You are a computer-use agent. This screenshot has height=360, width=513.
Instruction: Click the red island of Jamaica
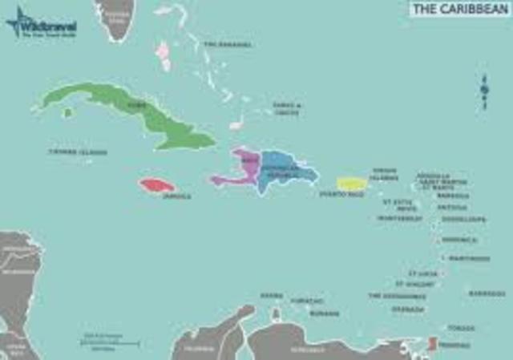pos(156,185)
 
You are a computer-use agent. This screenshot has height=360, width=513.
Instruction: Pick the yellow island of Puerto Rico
pos(352,184)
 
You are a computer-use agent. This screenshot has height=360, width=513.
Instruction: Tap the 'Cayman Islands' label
pos(79,152)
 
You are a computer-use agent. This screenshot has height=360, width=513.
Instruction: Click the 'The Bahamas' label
pos(228,44)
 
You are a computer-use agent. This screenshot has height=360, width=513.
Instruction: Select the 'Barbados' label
pos(487,293)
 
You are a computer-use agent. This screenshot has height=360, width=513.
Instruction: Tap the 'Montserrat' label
pos(399,218)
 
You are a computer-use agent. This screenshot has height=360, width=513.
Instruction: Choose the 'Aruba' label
pos(273,296)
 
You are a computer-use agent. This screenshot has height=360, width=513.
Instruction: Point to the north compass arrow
pos(484,91)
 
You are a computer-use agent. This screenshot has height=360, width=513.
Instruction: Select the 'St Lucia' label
pos(422,273)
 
